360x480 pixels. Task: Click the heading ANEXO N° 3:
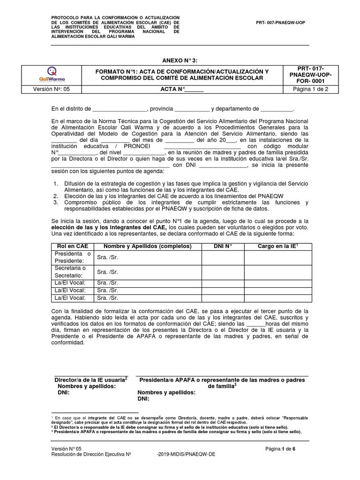pyautogui.click(x=180, y=61)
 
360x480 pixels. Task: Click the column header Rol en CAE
pyautogui.click(x=73, y=246)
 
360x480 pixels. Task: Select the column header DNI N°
pyautogui.click(x=223, y=246)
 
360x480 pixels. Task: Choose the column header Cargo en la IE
pyautogui.click(x=277, y=246)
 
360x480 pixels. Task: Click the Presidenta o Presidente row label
pyautogui.click(x=73, y=257)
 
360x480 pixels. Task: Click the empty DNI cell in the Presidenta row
pyautogui.click(x=223, y=258)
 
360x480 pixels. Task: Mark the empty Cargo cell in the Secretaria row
pyautogui.click(x=277, y=272)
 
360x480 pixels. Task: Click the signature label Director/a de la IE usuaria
pyautogui.click(x=91, y=379)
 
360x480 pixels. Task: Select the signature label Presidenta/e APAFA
pyautogui.click(x=221, y=379)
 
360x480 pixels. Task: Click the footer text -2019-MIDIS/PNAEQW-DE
pyautogui.click(x=187, y=455)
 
